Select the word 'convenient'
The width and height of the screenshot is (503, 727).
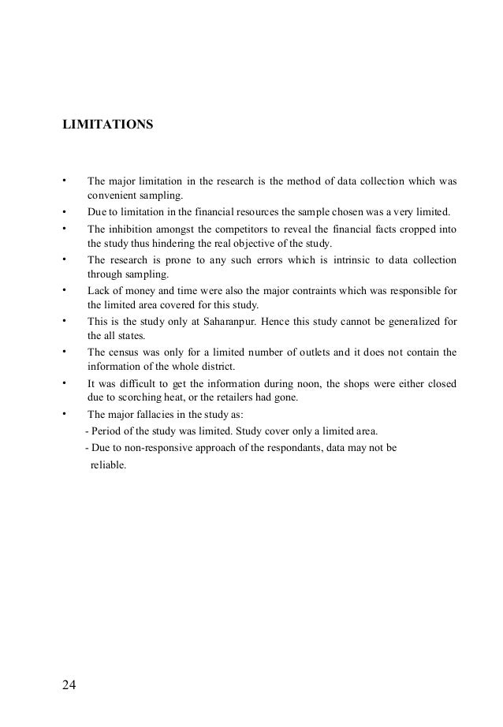110,196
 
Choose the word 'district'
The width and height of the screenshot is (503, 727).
227,367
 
